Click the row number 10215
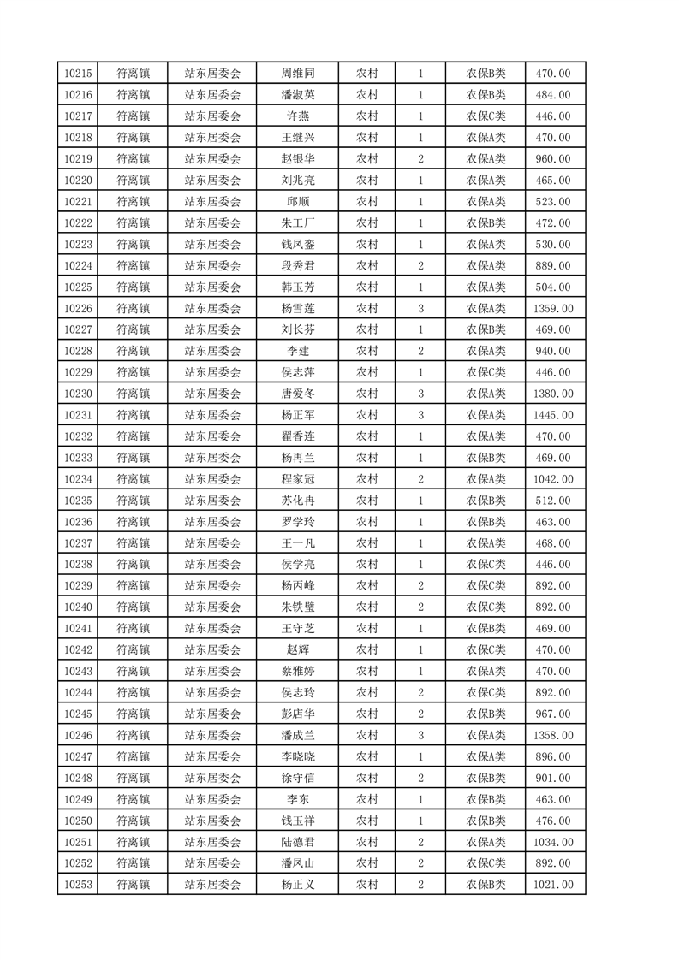[78, 74]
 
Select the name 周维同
[298, 74]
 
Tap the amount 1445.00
[553, 415]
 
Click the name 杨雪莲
[298, 308]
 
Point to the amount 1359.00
[553, 308]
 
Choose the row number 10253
[78, 885]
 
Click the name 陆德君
[298, 842]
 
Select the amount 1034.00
[553, 842]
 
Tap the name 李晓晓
[298, 756]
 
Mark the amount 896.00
[553, 756]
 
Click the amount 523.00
[553, 202]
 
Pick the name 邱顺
[298, 202]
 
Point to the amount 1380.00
[553, 394]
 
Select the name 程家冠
[298, 479]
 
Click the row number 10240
[78, 607]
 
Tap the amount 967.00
[553, 714]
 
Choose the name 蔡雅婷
[298, 671]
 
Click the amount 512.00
[553, 501]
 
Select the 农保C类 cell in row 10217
[485, 116]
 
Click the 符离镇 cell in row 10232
[133, 436]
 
